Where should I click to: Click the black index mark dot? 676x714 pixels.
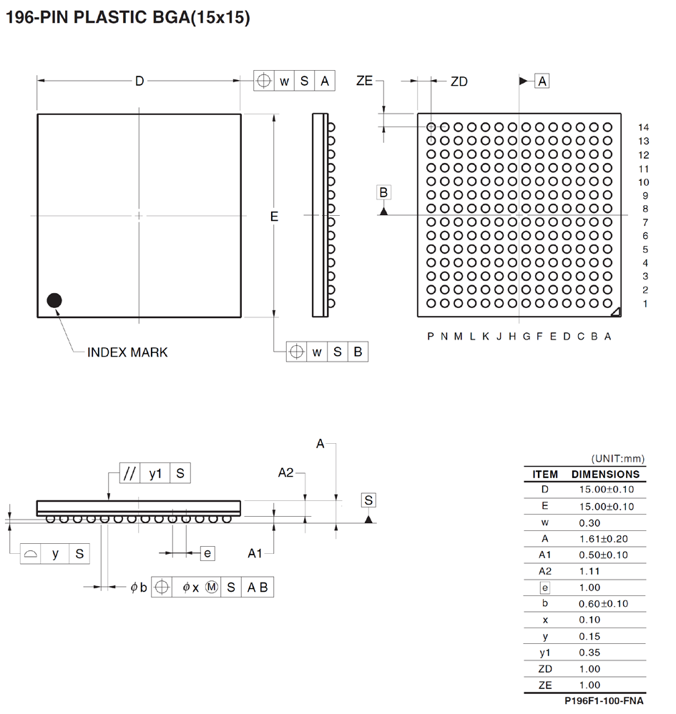pyautogui.click(x=54, y=301)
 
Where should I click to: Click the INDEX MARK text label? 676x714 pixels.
pyautogui.click(x=127, y=352)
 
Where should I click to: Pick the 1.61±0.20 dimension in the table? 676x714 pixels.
pyautogui.click(x=603, y=539)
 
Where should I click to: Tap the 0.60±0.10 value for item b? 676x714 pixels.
pyautogui.click(x=603, y=604)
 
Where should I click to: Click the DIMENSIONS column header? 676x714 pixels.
pyautogui.click(x=605, y=474)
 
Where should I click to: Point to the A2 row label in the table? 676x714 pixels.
pyautogui.click(x=545, y=571)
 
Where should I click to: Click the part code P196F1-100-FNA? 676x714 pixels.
pyautogui.click(x=604, y=702)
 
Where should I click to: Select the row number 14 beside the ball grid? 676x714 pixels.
pyautogui.click(x=643, y=127)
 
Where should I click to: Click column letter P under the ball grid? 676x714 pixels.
pyautogui.click(x=431, y=337)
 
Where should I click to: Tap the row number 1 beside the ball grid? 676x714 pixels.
pyautogui.click(x=645, y=304)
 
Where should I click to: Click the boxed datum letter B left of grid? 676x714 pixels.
pyautogui.click(x=383, y=192)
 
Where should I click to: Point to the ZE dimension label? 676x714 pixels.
pyautogui.click(x=364, y=81)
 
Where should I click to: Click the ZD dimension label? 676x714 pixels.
pyautogui.click(x=459, y=81)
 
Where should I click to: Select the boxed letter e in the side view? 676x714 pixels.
pyautogui.click(x=207, y=553)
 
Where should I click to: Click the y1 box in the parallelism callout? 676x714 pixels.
pyautogui.click(x=155, y=473)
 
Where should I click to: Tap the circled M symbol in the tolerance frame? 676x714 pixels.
pyautogui.click(x=212, y=587)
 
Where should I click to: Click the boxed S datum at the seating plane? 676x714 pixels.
pyautogui.click(x=368, y=500)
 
